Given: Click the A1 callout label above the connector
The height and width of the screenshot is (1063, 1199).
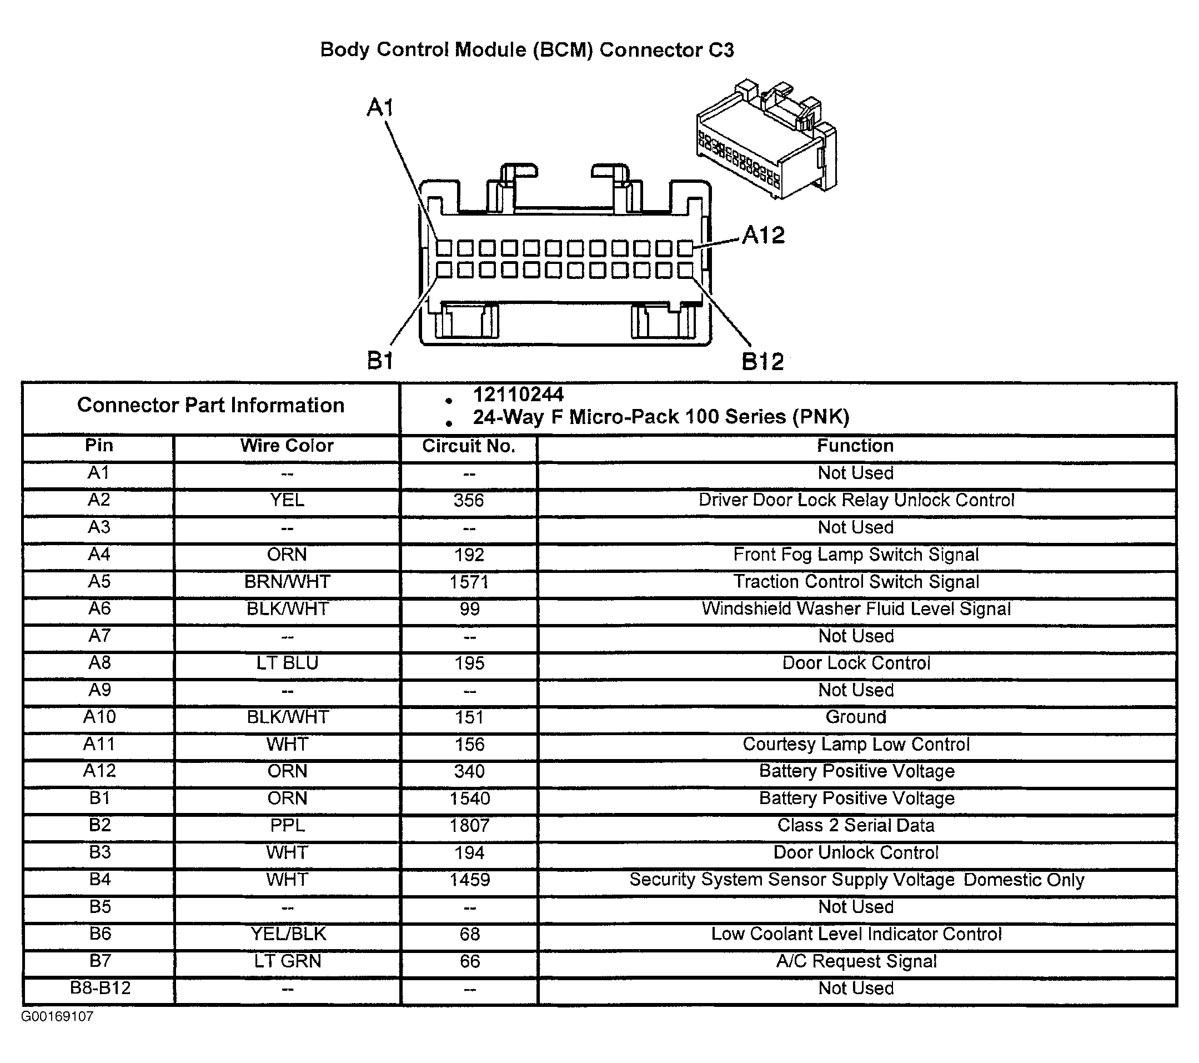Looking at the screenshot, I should coord(380,108).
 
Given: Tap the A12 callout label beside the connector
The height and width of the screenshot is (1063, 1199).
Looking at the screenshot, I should coord(763,236).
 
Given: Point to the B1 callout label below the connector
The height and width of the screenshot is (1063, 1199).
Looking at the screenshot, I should coord(380,360).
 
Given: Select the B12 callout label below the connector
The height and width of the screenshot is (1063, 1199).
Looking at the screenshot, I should coord(762,362).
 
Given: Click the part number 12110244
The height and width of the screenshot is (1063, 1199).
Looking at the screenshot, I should coord(518,395).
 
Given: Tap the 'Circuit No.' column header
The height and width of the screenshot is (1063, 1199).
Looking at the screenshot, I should coord(469,446).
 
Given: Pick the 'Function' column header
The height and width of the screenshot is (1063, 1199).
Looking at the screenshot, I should coord(855,446).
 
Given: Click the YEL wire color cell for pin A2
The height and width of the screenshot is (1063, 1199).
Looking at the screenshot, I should coord(287,500).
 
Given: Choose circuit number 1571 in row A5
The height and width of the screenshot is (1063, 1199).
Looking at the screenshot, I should coord(469,582).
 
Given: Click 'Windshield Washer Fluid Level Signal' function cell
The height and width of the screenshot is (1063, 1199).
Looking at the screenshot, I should coord(856,608).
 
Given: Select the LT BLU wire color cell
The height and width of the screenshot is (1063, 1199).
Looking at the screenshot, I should coord(287,663).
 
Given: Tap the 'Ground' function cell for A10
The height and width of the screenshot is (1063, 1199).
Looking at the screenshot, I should coord(856,717).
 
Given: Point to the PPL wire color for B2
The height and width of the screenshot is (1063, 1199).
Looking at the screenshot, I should coord(287,825).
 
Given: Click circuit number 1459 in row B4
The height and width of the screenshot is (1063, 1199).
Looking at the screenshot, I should coord(469,879).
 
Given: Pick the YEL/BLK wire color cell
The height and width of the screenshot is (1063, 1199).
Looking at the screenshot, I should coord(288,934).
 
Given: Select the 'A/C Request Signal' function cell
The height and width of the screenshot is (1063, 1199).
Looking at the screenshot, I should coord(856,961).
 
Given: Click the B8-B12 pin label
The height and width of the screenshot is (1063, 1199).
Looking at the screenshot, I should coord(100,988).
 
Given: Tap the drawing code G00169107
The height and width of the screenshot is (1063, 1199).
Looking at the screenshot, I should coord(58,1016).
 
